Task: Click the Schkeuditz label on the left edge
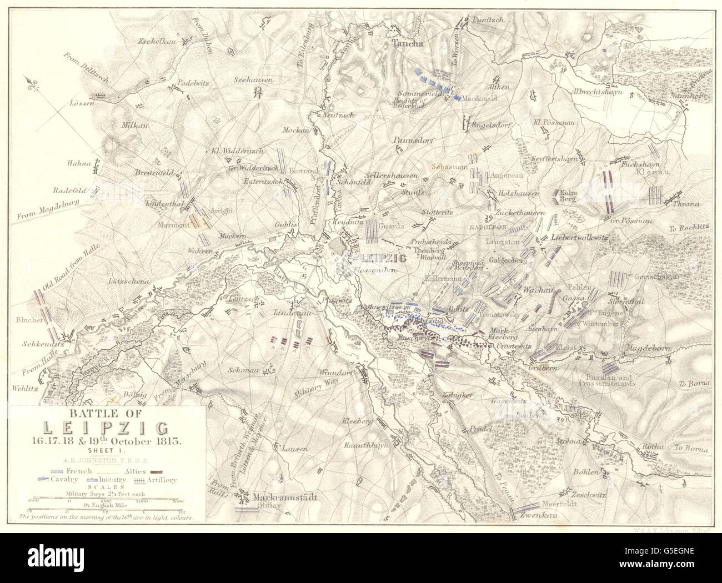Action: pyautogui.click(x=41, y=343)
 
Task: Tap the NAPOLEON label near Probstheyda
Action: pyautogui.click(x=488, y=227)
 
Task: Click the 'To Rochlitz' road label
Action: pyautogui.click(x=689, y=228)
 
